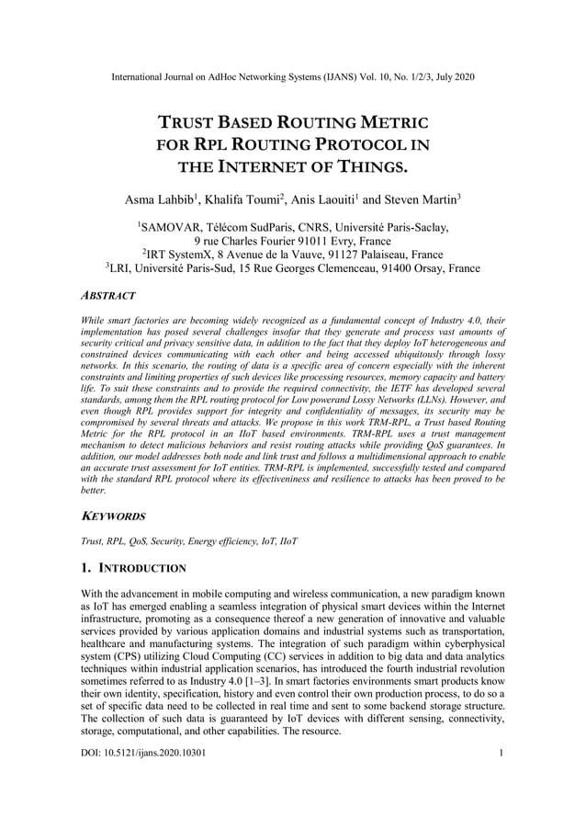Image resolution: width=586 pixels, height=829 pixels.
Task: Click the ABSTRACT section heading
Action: [x=108, y=296]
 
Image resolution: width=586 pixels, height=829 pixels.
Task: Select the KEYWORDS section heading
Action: [x=114, y=517]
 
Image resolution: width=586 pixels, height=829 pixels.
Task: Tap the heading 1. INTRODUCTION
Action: [x=133, y=569]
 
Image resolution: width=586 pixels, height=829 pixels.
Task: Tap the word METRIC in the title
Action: [x=390, y=122]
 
